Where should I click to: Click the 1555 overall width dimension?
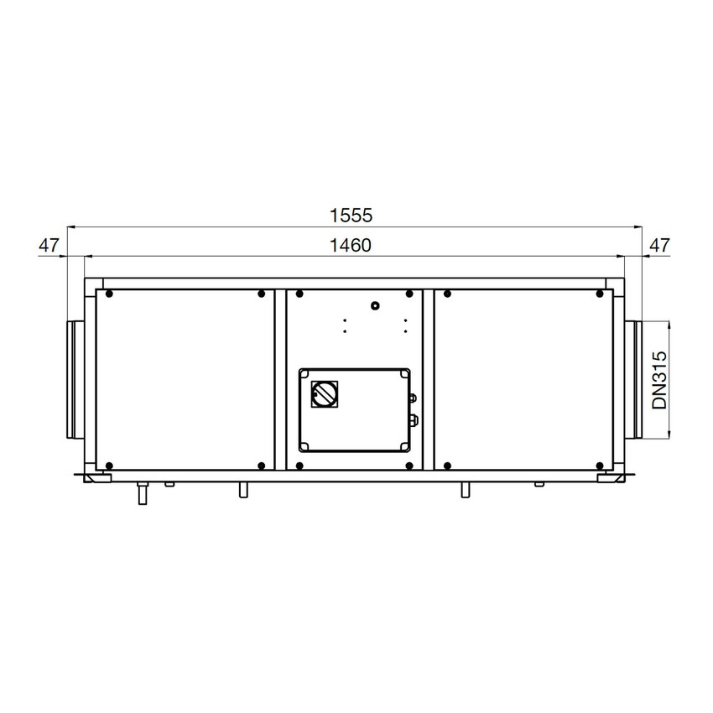351,215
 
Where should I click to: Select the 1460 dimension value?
350,246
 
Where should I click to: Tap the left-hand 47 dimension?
49,246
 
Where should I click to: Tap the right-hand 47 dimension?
659,246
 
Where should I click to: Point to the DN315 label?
659,380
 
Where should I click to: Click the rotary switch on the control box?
325,393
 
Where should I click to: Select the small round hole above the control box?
375,305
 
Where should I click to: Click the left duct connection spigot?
75,380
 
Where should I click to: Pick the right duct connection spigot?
633,380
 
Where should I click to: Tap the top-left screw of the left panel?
109,294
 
